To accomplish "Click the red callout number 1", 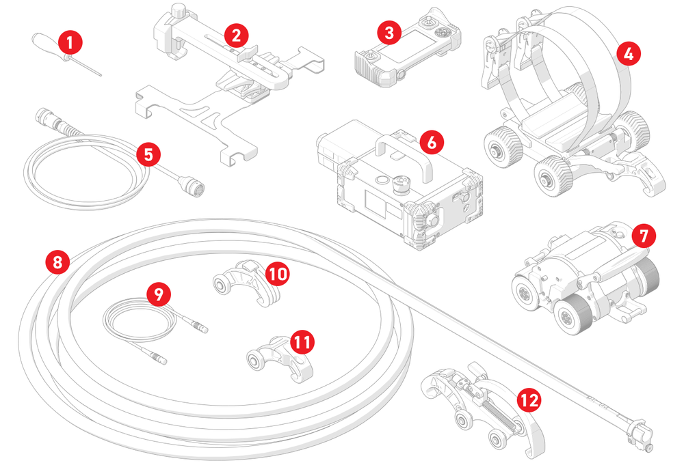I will [x=70, y=43].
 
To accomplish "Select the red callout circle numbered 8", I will [x=57, y=261].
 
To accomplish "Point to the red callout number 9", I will [x=159, y=294].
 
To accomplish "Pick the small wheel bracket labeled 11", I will [x=274, y=355].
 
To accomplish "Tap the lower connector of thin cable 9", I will [x=158, y=357].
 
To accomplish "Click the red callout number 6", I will [x=432, y=143].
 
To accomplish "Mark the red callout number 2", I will [x=235, y=33].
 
